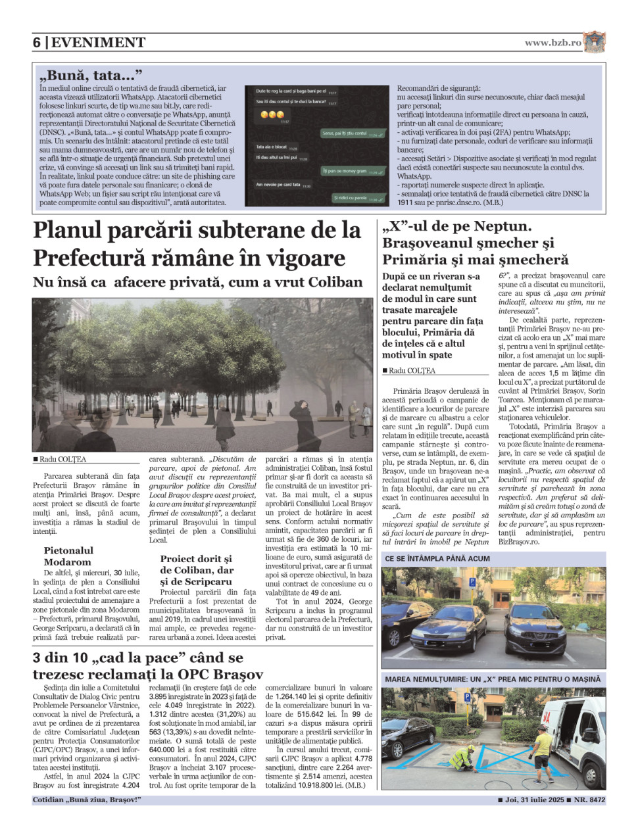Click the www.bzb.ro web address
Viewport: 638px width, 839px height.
point(552,43)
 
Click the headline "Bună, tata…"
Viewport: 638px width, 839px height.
point(90,75)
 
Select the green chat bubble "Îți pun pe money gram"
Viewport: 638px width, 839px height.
point(353,171)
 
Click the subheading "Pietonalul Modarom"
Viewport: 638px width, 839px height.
point(68,556)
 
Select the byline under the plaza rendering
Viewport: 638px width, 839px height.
point(60,459)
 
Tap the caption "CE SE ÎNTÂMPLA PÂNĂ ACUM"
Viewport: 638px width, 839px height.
point(437,558)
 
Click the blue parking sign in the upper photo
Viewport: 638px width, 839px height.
point(472,582)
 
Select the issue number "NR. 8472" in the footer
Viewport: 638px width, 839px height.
point(589,800)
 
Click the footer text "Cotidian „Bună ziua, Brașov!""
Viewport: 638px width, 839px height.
point(87,800)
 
